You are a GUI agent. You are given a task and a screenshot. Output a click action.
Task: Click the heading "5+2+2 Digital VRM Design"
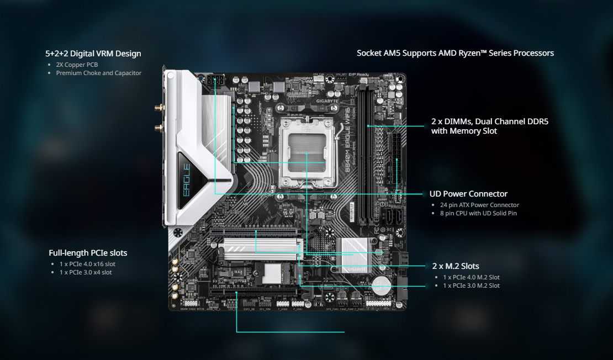tap(93, 54)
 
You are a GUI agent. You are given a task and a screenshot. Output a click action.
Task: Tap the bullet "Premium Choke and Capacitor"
tap(98, 73)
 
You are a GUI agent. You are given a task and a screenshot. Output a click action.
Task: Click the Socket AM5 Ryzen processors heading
tap(455, 53)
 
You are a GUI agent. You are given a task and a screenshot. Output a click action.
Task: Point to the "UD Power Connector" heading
tap(468, 194)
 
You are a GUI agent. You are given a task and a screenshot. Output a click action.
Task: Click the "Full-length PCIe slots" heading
tap(88, 253)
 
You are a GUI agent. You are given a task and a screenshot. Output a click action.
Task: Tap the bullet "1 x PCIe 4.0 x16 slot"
tap(87, 264)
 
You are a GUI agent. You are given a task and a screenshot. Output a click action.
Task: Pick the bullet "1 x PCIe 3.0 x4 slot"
tap(86, 272)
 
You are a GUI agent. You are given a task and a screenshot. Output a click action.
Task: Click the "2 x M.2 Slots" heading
tap(455, 266)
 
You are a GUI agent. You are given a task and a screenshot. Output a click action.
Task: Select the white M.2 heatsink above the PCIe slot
tap(261, 243)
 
